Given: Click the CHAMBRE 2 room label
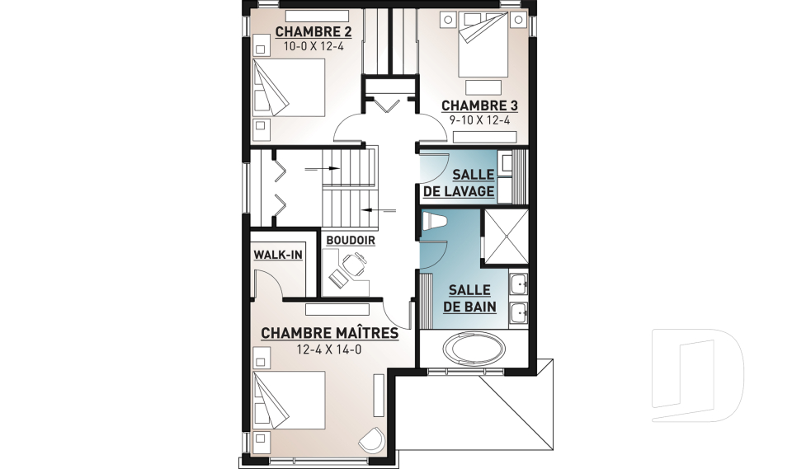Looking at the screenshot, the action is coord(313,32).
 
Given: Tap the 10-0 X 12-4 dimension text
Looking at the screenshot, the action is coord(313,46).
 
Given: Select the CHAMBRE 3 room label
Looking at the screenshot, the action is coord(479,106).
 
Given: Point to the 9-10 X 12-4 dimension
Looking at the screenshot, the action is coord(479,120).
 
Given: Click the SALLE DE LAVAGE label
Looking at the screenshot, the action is coord(459,183).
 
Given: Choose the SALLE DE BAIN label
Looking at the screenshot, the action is coord(469,298).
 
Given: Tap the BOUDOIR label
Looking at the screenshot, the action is coord(351,241).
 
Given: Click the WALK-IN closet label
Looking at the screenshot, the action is coord(278,255).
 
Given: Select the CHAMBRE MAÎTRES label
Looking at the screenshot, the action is coord(329,333).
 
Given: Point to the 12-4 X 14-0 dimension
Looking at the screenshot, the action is coord(329,349).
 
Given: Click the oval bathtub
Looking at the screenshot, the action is coord(474,348).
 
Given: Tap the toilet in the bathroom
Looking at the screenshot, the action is coord(434,221).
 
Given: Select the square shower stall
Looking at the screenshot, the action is coord(506,237).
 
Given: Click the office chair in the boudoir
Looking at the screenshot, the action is coord(355,263).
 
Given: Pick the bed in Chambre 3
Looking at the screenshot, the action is coord(483,45).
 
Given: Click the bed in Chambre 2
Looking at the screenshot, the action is coord(289,87).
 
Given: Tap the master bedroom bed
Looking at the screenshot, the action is coord(289,401).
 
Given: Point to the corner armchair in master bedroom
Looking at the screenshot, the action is coord(372,440).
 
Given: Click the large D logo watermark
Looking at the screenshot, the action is coord(698,375).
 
